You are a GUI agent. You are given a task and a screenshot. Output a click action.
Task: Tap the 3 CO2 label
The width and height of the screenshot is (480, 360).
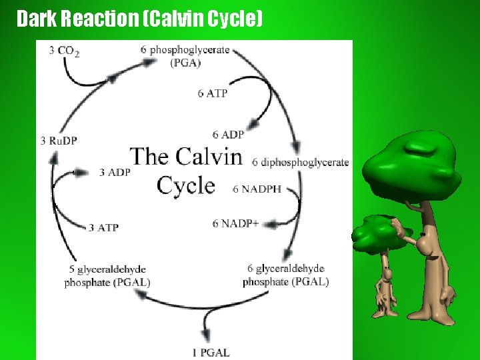(x=65, y=51)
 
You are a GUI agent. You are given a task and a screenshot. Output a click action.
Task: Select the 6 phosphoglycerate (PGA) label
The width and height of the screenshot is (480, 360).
(x=185, y=56)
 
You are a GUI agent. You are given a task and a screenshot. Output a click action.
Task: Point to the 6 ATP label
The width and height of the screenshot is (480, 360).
(x=213, y=93)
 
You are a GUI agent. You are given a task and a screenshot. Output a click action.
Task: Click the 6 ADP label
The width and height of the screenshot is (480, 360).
(x=229, y=135)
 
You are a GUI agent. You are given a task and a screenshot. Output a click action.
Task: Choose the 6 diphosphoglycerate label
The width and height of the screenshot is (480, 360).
(x=301, y=162)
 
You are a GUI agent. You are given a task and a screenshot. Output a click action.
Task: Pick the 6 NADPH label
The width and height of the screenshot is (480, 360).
(x=257, y=189)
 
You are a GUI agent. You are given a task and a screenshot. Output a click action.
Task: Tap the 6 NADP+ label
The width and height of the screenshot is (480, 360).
(x=235, y=223)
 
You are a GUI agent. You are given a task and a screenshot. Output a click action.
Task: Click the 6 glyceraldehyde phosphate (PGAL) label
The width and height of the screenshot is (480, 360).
(x=285, y=275)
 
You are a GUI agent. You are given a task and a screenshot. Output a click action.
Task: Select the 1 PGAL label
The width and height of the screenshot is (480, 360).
(x=212, y=353)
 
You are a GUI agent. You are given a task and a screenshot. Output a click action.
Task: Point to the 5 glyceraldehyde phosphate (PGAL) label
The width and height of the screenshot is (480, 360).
(x=107, y=276)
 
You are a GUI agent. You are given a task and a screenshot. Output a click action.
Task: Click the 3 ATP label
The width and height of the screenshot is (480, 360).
(x=104, y=227)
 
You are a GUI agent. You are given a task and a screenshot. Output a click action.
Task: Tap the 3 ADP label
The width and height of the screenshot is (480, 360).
(x=115, y=172)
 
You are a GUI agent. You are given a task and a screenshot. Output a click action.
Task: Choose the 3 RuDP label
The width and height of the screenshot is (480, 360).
(x=59, y=141)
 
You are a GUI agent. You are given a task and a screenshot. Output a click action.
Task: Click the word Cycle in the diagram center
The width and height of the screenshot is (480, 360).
(x=186, y=185)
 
